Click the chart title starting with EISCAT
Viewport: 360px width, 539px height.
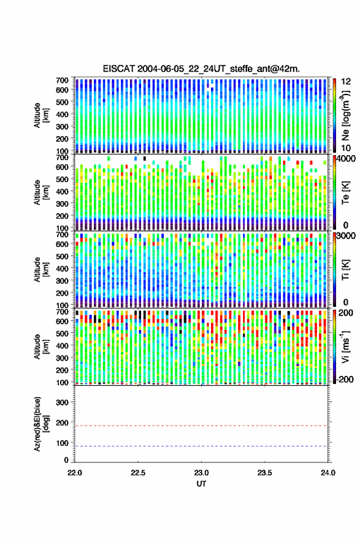201,69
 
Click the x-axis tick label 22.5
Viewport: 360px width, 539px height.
138,473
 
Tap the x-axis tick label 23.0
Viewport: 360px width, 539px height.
202,473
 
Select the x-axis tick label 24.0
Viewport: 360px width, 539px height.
328,473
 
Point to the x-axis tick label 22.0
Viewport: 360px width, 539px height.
75,473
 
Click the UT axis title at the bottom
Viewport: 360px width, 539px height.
201,484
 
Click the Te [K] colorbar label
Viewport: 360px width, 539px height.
345,193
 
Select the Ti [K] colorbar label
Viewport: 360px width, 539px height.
345,270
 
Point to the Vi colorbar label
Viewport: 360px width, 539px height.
346,346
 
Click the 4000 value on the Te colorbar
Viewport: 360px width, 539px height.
346,159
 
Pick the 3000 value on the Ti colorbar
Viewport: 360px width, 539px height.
346,236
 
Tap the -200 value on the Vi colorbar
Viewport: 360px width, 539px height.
345,380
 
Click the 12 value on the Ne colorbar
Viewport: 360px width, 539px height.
346,82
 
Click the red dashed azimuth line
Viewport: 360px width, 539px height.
201,426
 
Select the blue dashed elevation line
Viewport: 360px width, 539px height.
201,446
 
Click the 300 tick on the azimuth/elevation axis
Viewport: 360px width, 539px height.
62,402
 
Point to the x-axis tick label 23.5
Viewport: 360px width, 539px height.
265,473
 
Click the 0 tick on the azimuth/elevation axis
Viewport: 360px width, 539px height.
66,460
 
